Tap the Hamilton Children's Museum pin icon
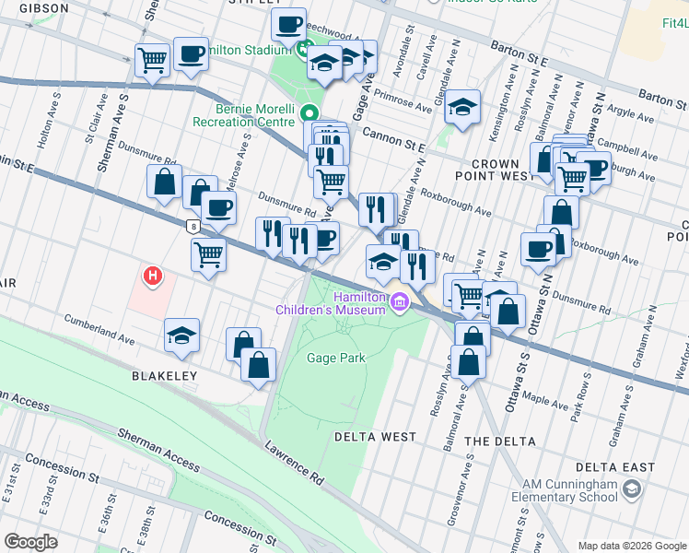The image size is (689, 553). pyautogui.click(x=400, y=300)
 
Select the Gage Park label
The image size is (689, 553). pyautogui.click(x=336, y=358)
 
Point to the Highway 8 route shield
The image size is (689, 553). pyautogui.click(x=192, y=225)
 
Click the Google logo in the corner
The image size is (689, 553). pyautogui.click(x=30, y=541)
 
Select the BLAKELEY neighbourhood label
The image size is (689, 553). pyautogui.click(x=165, y=376)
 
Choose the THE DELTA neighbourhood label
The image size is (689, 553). pyautogui.click(x=500, y=441)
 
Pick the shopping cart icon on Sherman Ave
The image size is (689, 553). pyautogui.click(x=152, y=61)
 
